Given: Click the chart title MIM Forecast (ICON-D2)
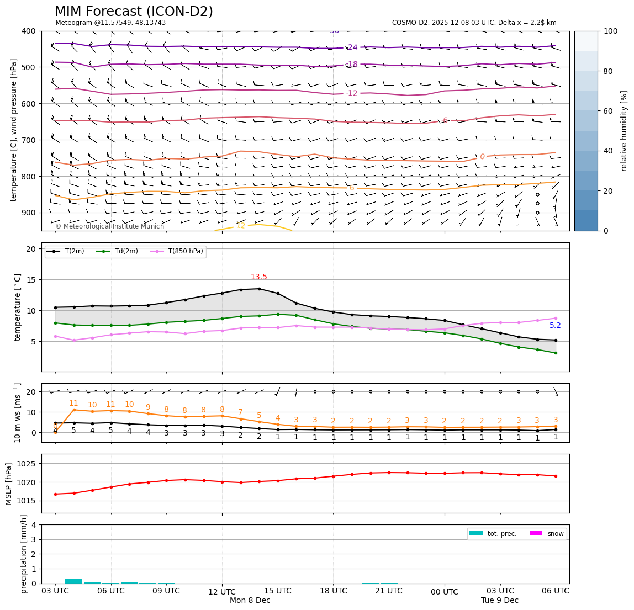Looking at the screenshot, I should (134, 12).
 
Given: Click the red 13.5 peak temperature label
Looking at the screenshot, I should (259, 277).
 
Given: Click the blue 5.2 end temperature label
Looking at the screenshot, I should (555, 326).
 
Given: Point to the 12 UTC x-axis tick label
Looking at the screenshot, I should (222, 591).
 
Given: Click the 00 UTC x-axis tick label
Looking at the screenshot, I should (445, 592).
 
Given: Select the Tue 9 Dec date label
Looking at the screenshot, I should (500, 601).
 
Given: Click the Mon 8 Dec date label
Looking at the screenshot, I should (250, 601).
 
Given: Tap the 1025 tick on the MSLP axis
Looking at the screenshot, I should (27, 464).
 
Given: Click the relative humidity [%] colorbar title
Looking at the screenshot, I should (624, 131).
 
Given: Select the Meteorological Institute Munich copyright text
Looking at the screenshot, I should (110, 226).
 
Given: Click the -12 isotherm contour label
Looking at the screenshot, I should (352, 93).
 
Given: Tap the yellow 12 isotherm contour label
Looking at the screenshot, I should (241, 226).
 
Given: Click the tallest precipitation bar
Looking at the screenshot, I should (73, 581).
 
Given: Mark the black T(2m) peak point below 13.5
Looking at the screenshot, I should (259, 289).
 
